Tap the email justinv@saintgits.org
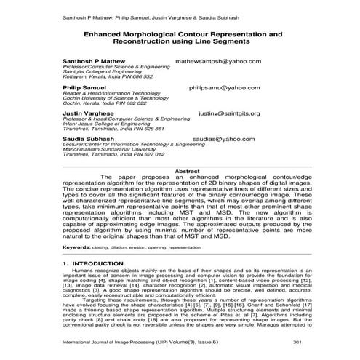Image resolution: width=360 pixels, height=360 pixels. point(228,113)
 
